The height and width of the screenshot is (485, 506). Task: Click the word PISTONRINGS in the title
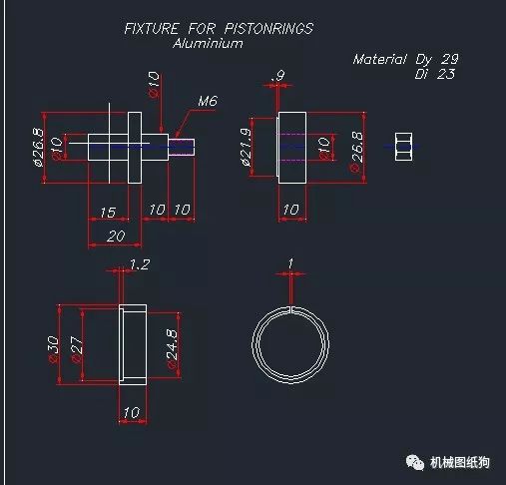point(268,29)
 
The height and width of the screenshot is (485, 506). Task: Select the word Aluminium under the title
point(208,43)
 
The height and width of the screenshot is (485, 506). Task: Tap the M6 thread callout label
point(208,101)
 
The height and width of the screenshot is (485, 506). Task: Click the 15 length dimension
point(108,213)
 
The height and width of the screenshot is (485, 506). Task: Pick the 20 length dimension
point(116,237)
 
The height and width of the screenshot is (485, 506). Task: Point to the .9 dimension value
point(277,75)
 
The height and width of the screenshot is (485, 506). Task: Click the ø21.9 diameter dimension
point(246,147)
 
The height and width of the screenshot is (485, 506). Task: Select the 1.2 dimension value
point(140,264)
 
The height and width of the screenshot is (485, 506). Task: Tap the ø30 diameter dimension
point(53,349)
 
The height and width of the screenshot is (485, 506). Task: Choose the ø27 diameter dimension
point(77,350)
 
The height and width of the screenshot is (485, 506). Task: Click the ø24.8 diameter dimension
point(172,349)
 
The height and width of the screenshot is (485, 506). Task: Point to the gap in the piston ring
point(291,309)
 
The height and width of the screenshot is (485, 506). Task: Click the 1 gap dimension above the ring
point(290,263)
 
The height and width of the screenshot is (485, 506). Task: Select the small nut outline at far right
point(403,147)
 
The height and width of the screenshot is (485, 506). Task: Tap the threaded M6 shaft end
point(182,147)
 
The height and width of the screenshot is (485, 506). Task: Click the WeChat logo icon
point(414,462)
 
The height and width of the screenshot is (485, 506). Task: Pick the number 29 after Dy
point(450,59)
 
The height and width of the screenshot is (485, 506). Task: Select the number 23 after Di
point(446,74)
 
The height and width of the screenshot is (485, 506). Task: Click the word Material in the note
point(379,59)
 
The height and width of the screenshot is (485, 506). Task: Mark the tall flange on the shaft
point(135,148)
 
